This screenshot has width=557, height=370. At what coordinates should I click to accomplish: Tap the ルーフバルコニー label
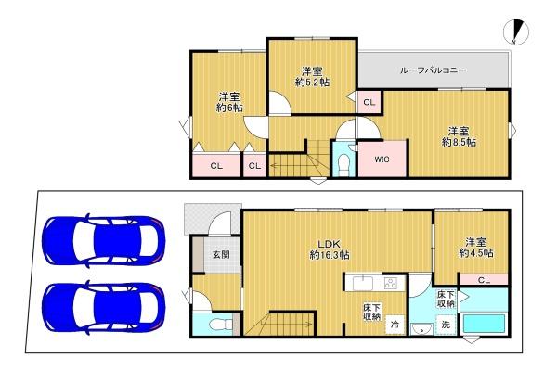tap(434, 70)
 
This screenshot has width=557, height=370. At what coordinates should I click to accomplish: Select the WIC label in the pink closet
tap(382, 158)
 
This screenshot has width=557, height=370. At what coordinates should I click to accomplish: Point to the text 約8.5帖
tap(459, 142)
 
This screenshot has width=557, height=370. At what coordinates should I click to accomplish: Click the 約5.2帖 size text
tap(313, 81)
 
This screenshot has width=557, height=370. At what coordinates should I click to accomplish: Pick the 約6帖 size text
tap(230, 107)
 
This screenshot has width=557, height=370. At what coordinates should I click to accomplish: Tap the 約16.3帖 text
tap(330, 254)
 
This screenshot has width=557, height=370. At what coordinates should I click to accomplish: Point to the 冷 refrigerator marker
tap(395, 325)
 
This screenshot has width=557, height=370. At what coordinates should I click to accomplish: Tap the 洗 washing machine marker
tap(445, 325)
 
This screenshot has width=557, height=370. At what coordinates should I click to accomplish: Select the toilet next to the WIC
tap(343, 164)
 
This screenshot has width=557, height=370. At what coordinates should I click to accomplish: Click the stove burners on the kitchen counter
tap(390, 283)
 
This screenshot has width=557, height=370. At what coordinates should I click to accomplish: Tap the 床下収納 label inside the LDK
tap(372, 311)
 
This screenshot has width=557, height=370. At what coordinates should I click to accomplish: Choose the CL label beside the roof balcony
tap(369, 102)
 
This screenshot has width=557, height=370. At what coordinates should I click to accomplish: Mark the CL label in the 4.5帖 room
tap(483, 280)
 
